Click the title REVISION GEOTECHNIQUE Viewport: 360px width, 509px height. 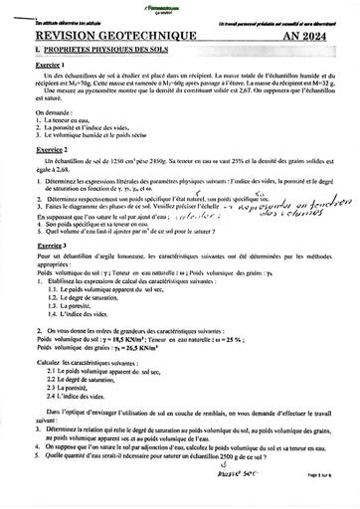[x=100, y=29]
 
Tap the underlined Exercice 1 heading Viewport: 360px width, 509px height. [x=37, y=61]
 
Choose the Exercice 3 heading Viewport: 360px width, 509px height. [x=37, y=243]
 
